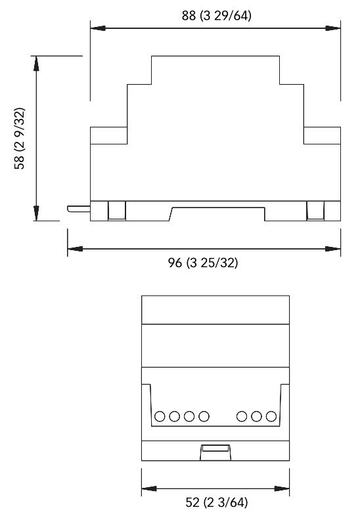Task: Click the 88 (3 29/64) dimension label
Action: click(216, 16)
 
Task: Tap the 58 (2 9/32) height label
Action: click(19, 139)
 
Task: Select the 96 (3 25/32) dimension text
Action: click(203, 263)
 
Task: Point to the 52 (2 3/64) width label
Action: click(216, 502)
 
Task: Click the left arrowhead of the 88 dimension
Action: click(98, 28)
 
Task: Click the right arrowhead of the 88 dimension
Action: click(333, 28)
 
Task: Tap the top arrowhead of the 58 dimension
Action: click(36, 64)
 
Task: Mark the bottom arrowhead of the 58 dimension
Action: click(36, 213)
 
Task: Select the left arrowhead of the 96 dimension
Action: click(76, 249)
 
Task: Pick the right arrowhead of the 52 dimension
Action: click(282, 488)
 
